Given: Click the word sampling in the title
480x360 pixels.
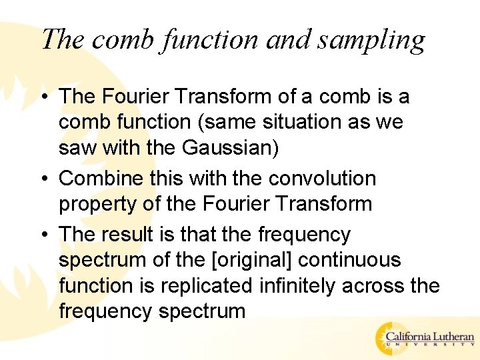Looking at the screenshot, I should click(371, 40).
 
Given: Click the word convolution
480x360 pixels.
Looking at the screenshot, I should click(322, 179).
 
